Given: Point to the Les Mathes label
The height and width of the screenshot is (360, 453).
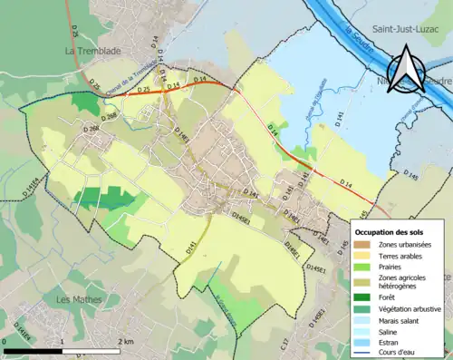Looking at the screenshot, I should pos(77,299).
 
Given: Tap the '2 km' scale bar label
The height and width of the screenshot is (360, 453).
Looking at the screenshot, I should pos(127,341).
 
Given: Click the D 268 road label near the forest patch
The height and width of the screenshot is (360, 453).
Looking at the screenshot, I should pos(110,116).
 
